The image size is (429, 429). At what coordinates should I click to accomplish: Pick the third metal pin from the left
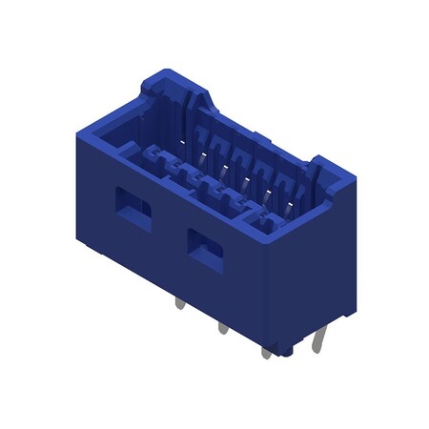(267, 351)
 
